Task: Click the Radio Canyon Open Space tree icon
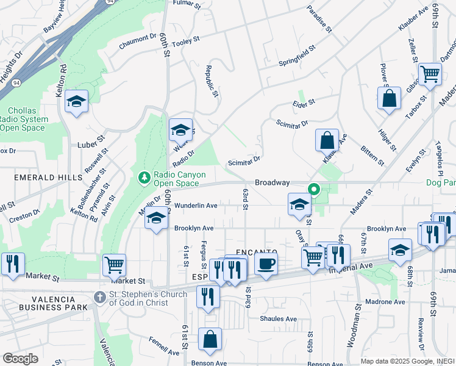coord(144,178)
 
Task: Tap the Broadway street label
coord(272,182)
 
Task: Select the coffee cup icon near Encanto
coord(265,264)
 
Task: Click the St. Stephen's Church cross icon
coord(100,297)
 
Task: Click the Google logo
coord(20,359)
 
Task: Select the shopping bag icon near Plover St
coord(389,98)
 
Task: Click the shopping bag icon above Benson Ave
coord(210,340)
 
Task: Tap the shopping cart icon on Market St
coord(114,265)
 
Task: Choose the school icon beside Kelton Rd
coord(77,101)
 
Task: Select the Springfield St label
coord(296,55)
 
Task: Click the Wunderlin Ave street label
coord(196,206)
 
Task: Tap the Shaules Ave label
coord(278,318)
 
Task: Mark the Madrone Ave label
coord(385,301)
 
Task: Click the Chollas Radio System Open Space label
coord(21,119)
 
